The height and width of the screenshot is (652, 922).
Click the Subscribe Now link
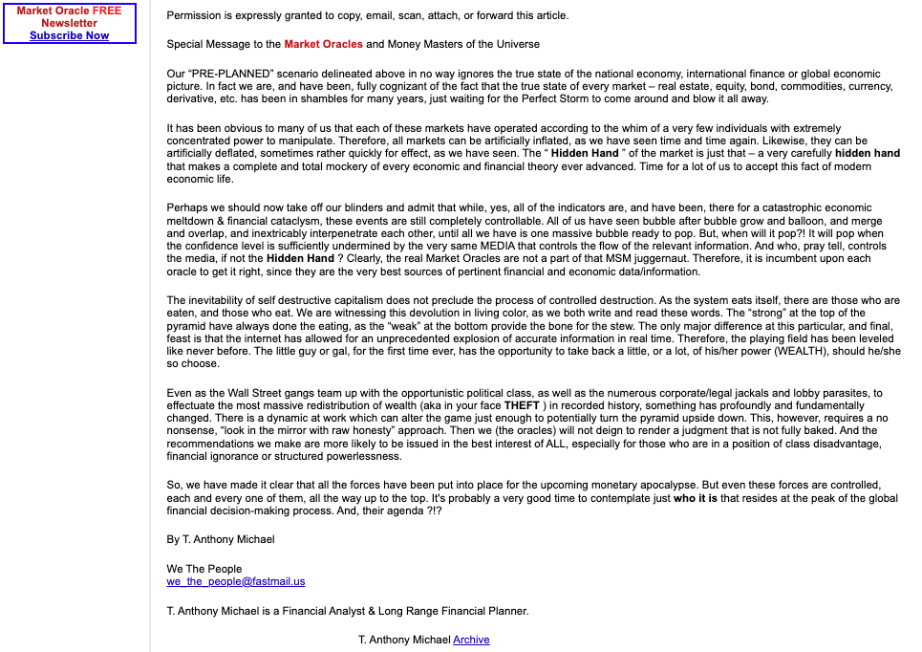click(69, 35)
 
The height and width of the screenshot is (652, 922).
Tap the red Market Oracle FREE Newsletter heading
click(69, 17)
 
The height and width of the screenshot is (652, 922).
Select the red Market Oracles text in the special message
click(323, 44)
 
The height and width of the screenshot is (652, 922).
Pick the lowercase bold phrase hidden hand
click(868, 153)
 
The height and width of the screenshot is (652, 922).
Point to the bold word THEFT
click(522, 405)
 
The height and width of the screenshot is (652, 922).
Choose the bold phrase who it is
click(695, 498)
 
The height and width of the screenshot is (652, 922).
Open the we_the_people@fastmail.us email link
click(236, 581)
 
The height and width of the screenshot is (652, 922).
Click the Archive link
click(471, 640)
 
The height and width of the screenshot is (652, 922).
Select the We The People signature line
click(204, 569)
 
